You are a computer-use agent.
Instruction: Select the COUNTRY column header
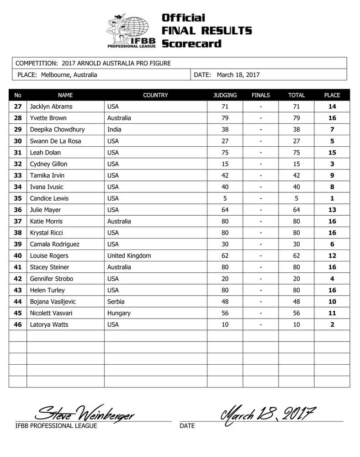click(155, 96)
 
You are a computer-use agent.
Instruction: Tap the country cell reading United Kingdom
click(129, 255)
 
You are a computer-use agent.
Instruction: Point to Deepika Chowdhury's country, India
click(114, 130)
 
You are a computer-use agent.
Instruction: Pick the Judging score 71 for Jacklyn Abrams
click(225, 107)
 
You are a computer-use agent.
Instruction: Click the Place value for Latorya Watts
click(332, 324)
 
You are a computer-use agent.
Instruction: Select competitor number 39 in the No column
click(18, 244)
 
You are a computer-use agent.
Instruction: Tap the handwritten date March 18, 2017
click(268, 414)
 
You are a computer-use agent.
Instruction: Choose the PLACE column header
click(332, 96)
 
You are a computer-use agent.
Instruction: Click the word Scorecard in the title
click(191, 44)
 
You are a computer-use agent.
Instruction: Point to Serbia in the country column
click(116, 302)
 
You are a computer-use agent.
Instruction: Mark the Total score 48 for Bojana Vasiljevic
click(296, 302)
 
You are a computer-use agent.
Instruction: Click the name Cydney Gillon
click(49, 164)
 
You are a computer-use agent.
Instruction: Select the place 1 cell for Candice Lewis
click(332, 198)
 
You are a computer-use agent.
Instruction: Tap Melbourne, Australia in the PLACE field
click(69, 75)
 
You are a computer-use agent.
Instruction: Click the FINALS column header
click(261, 96)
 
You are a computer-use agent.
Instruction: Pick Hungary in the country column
click(119, 313)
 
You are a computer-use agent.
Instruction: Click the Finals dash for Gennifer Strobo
click(261, 279)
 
